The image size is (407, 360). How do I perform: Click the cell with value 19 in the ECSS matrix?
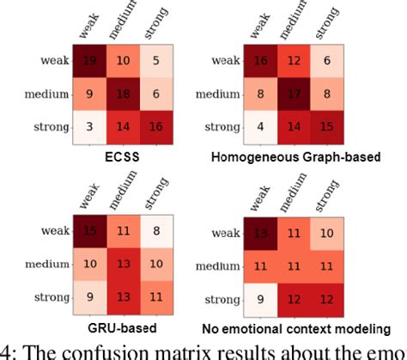pyautogui.click(x=88, y=62)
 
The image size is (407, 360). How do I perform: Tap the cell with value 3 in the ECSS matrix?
pyautogui.click(x=88, y=127)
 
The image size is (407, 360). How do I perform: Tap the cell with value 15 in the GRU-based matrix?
pyautogui.click(x=88, y=230)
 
